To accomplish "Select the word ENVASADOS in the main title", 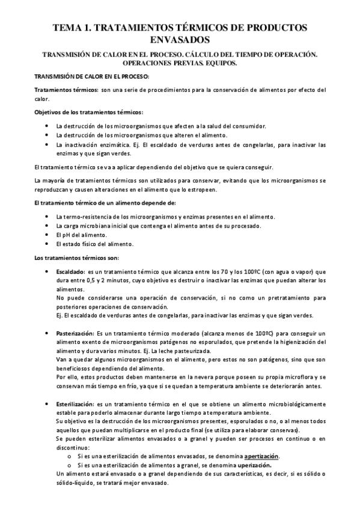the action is pyautogui.click(x=180, y=40).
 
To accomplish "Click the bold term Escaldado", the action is pyautogui.click(x=70, y=272).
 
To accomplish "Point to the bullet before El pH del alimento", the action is pyautogui.click(x=47, y=235).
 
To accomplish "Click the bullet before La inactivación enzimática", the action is pyautogui.click(x=47, y=145).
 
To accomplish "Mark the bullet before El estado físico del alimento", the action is pyautogui.click(x=47, y=244).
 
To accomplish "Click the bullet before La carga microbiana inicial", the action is pyautogui.click(x=47, y=226).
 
